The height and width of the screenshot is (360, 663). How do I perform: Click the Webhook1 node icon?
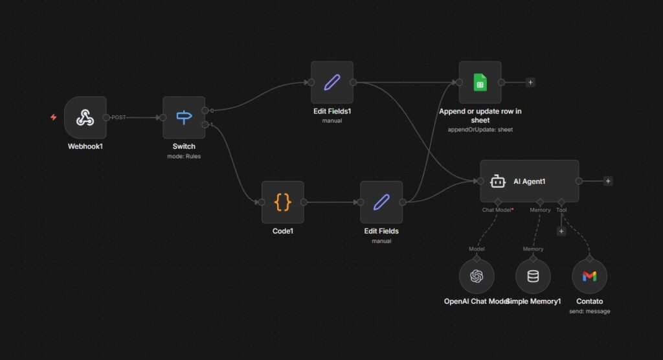tap(85, 117)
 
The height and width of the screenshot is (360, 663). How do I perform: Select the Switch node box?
tap(184, 118)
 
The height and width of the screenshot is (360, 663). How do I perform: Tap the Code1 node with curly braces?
tap(282, 202)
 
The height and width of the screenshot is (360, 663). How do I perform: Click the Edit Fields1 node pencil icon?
tap(331, 82)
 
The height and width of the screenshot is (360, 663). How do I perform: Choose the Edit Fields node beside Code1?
tap(381, 202)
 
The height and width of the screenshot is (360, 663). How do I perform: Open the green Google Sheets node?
tap(480, 82)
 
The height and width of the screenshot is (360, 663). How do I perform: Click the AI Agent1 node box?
tap(528, 181)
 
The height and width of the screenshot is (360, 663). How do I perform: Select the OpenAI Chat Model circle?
tap(477, 276)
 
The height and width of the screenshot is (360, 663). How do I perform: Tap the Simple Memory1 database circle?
tap(533, 276)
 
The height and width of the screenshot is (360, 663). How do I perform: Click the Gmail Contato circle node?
tap(589, 276)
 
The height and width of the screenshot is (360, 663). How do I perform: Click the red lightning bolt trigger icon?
tap(54, 117)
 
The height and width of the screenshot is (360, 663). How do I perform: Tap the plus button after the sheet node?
tap(530, 82)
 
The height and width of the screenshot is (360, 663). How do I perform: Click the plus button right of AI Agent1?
tap(607, 181)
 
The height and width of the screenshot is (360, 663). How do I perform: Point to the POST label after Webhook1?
tap(118, 117)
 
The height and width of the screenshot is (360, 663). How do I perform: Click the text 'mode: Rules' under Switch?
tap(184, 156)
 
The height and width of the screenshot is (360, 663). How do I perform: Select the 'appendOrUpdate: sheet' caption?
tap(480, 129)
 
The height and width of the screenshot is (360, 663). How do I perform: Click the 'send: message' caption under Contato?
tap(589, 311)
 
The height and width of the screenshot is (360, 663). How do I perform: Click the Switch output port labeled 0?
tap(205, 110)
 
